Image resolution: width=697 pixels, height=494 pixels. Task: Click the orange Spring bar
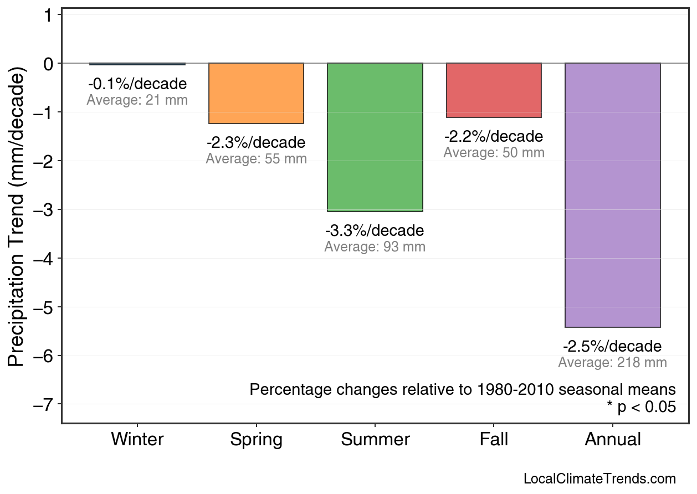point(256,93)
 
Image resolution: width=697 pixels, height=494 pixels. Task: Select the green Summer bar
point(375,137)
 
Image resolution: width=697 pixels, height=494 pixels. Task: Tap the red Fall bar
point(494,90)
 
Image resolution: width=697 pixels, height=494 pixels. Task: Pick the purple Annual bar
point(613,195)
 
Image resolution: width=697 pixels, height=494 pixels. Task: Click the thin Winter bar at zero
point(137,64)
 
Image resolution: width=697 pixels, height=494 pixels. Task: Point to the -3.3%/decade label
point(375,230)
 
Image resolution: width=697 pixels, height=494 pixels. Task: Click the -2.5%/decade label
point(612,347)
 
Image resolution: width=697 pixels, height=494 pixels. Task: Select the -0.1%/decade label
point(137,84)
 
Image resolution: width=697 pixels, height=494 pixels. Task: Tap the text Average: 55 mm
point(256,159)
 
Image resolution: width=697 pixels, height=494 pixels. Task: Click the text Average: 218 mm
point(612,363)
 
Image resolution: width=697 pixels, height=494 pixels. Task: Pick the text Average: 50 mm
point(494,153)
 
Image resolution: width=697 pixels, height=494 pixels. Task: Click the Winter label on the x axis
point(137,440)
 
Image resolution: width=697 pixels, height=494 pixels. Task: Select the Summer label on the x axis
point(375,440)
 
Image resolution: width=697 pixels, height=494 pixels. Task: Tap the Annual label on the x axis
point(613,440)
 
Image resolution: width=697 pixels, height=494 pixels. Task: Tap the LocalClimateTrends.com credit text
point(599,479)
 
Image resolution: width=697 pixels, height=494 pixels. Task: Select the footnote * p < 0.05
point(641,407)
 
